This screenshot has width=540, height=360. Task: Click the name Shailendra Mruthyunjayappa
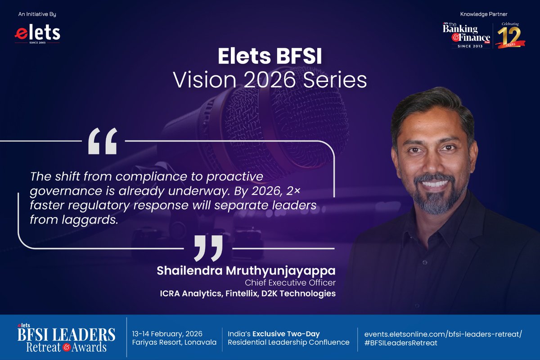pos(246,271)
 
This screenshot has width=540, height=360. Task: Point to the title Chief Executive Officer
pos(290,283)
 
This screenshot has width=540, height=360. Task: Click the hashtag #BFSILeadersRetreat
pos(397,342)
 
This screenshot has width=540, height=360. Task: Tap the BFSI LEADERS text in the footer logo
pos(67,335)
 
